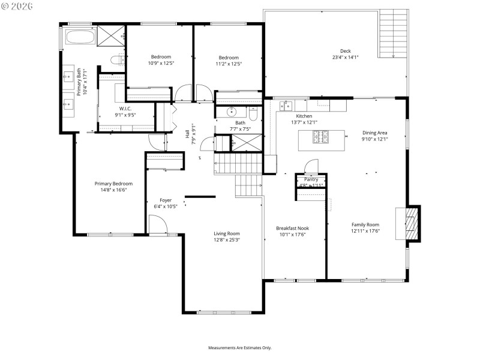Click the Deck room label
coord(345,51)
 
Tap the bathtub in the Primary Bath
coord(80,37)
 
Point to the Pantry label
coord(311,179)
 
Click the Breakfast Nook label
coord(292,228)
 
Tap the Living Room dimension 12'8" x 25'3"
coord(227,240)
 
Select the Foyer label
coord(166,200)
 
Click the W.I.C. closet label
coord(125,109)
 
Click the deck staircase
coord(393,34)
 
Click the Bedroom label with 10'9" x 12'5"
coord(161,57)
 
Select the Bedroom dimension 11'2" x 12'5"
coord(229,64)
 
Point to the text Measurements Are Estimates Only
coord(240,347)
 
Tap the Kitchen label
coord(304,116)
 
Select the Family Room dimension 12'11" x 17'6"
coord(365,231)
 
